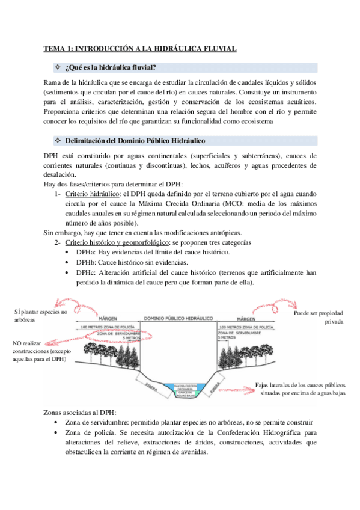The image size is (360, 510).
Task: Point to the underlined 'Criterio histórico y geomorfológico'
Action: coord(118,242)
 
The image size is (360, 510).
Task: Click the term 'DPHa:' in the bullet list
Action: coord(86,253)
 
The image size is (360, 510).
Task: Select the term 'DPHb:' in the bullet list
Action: coord(86,263)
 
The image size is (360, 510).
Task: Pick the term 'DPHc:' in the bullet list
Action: coord(86,272)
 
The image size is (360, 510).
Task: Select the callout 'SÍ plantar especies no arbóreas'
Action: coord(40,316)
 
